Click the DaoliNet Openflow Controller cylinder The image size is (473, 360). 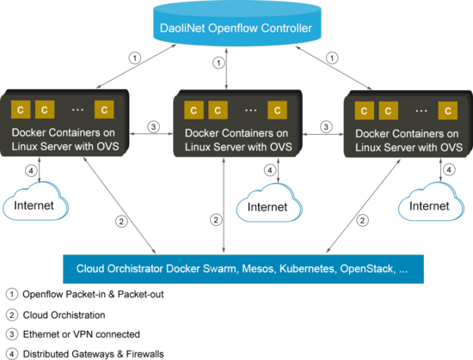tap(236, 24)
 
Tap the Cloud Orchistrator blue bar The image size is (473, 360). tap(243, 269)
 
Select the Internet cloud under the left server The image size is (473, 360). tap(35, 201)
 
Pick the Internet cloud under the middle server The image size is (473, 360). tap(269, 203)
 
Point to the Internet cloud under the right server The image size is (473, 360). tap(431, 202)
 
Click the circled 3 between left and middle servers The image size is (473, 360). tap(154, 127)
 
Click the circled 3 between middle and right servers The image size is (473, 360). tap(326, 127)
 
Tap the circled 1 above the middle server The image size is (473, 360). tap(218, 63)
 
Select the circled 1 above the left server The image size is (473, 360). tap(135, 58)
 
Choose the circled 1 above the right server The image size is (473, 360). tap(332, 58)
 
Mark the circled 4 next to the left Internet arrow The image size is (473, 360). tap(31, 171)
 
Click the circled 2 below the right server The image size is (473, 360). tap(363, 221)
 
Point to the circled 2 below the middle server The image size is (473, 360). tap(216, 220)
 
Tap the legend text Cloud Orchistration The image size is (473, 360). tap(64, 315)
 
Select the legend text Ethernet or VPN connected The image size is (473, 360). tap(82, 334)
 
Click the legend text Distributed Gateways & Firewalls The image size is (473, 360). tap(94, 354)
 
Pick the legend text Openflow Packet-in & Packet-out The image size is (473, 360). tap(93, 295)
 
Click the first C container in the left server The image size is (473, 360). tap(21, 109)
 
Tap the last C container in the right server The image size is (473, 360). tap(448, 111)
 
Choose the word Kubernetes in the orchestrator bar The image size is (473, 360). tap(307, 269)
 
